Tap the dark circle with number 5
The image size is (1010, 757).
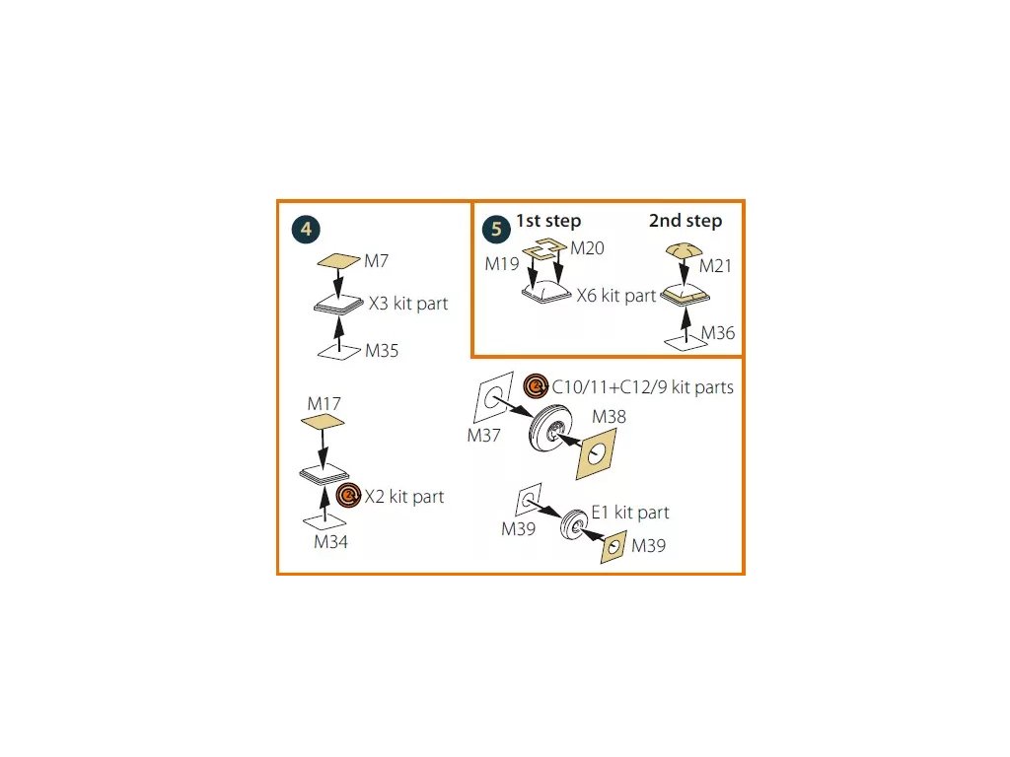coord(496,230)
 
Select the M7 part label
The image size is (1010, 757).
coord(377,261)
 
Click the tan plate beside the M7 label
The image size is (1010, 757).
coord(338,262)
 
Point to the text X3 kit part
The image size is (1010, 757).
coord(407,304)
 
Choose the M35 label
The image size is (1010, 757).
coord(382,351)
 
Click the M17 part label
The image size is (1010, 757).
coord(324,404)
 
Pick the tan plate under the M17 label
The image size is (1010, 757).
coord(323,422)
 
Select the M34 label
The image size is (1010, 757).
coord(330,541)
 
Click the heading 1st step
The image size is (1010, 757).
coord(548,221)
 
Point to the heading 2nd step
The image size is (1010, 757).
coord(685,221)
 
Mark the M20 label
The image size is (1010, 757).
coord(587,248)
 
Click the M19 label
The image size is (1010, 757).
coord(502,264)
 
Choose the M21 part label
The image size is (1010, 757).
coord(717,266)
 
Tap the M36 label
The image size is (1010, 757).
coord(718,333)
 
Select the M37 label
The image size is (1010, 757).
coord(484,436)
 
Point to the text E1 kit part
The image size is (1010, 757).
coord(629,513)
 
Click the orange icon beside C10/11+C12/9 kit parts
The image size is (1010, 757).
coord(537,386)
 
